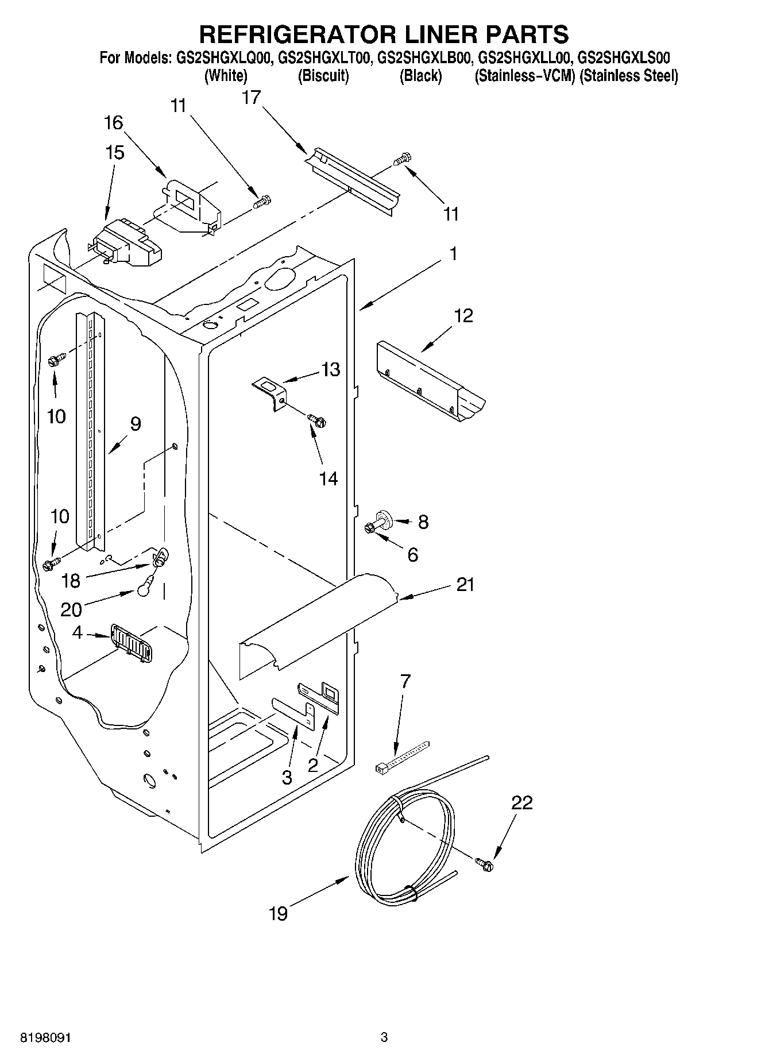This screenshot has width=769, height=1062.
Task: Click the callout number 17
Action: coord(251,98)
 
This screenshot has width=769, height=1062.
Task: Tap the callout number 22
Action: coord(521,802)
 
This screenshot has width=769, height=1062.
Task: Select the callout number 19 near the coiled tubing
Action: coord(278,913)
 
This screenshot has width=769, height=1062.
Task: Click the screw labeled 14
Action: coord(316,420)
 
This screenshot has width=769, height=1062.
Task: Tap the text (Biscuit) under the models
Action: coord(323,76)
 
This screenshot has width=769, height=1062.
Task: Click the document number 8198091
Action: coord(45,1037)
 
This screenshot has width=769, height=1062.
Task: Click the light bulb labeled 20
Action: coord(145,589)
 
